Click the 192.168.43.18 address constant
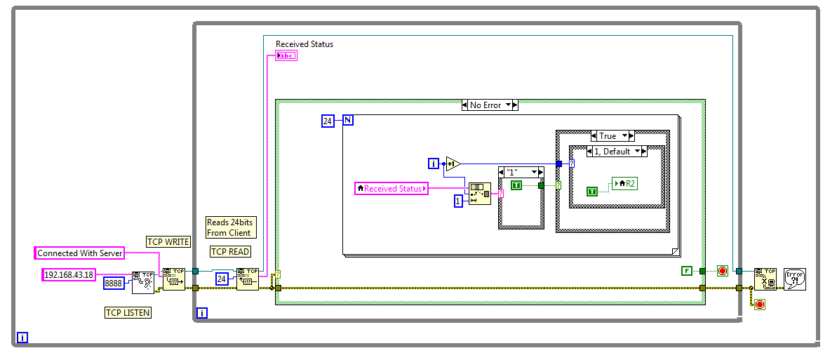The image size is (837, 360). (69, 274)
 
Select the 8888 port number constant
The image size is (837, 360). (114, 283)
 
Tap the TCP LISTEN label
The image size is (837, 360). (127, 312)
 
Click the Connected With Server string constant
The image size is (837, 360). (79, 253)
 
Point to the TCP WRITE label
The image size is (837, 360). (168, 241)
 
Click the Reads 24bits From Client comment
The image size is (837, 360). (229, 227)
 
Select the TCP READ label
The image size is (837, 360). (229, 251)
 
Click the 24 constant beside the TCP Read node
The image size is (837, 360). (221, 279)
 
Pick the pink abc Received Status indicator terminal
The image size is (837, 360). (286, 55)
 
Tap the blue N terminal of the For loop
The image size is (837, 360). (348, 121)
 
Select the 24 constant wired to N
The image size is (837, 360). (328, 121)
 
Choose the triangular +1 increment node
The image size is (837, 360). (453, 164)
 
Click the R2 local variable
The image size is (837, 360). (626, 183)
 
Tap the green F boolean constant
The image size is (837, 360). (687, 270)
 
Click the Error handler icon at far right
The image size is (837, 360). (794, 279)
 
